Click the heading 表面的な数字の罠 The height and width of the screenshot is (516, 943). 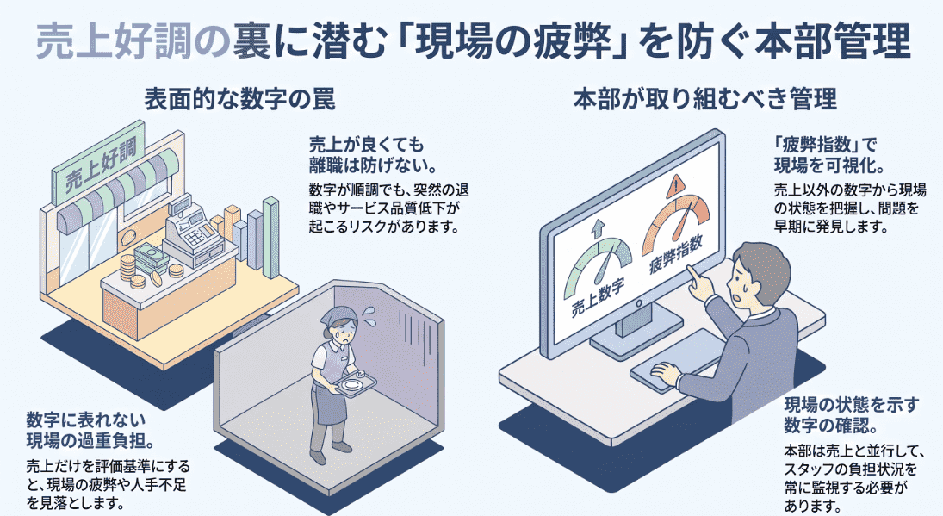[x=239, y=98]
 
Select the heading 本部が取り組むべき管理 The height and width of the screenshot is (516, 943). [x=704, y=98]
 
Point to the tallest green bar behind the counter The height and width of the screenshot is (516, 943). [x=270, y=238]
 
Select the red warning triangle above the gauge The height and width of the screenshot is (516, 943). [x=676, y=184]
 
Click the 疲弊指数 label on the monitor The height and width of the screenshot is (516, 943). [x=676, y=256]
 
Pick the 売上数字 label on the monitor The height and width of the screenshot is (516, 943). [x=598, y=297]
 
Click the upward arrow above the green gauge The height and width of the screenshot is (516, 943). [x=599, y=229]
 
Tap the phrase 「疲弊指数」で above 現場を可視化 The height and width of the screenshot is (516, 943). [x=826, y=145]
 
